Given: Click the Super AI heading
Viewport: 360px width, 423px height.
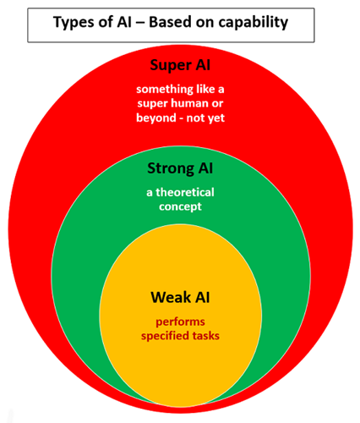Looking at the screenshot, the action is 180,65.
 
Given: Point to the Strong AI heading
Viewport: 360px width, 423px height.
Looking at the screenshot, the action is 180,168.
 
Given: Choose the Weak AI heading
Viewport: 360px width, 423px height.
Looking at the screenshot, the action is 180,297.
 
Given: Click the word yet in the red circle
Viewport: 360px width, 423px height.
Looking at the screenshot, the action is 215,118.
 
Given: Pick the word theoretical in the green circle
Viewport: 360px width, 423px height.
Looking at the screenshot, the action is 185,192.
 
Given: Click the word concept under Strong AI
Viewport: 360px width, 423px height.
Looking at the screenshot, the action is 180,207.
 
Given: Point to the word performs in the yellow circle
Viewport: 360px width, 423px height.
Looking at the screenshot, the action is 180,322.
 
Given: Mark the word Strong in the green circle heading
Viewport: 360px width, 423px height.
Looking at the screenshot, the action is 171,168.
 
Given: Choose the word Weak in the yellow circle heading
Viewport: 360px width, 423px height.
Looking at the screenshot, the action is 171,297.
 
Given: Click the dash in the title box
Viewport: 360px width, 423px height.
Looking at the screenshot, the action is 139,23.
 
